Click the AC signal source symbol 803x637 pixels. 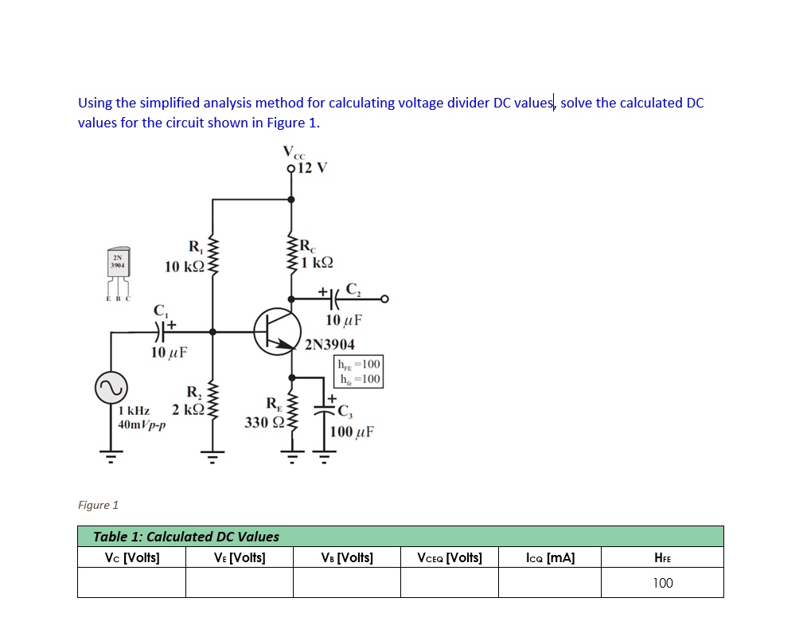click(111, 389)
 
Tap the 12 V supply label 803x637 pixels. click(312, 168)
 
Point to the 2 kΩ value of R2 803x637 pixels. click(189, 409)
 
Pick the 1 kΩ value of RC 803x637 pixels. click(318, 262)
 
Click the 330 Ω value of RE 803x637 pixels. click(263, 422)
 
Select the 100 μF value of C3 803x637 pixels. click(352, 432)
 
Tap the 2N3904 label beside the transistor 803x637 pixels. click(330, 345)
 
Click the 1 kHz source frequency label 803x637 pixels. click(133, 411)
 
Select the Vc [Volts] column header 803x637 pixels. click(132, 557)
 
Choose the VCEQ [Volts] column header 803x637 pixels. click(450, 557)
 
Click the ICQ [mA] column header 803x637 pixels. click(550, 557)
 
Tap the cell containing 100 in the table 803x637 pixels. click(662, 583)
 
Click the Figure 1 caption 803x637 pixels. click(98, 505)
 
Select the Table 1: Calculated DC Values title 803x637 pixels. click(186, 537)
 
